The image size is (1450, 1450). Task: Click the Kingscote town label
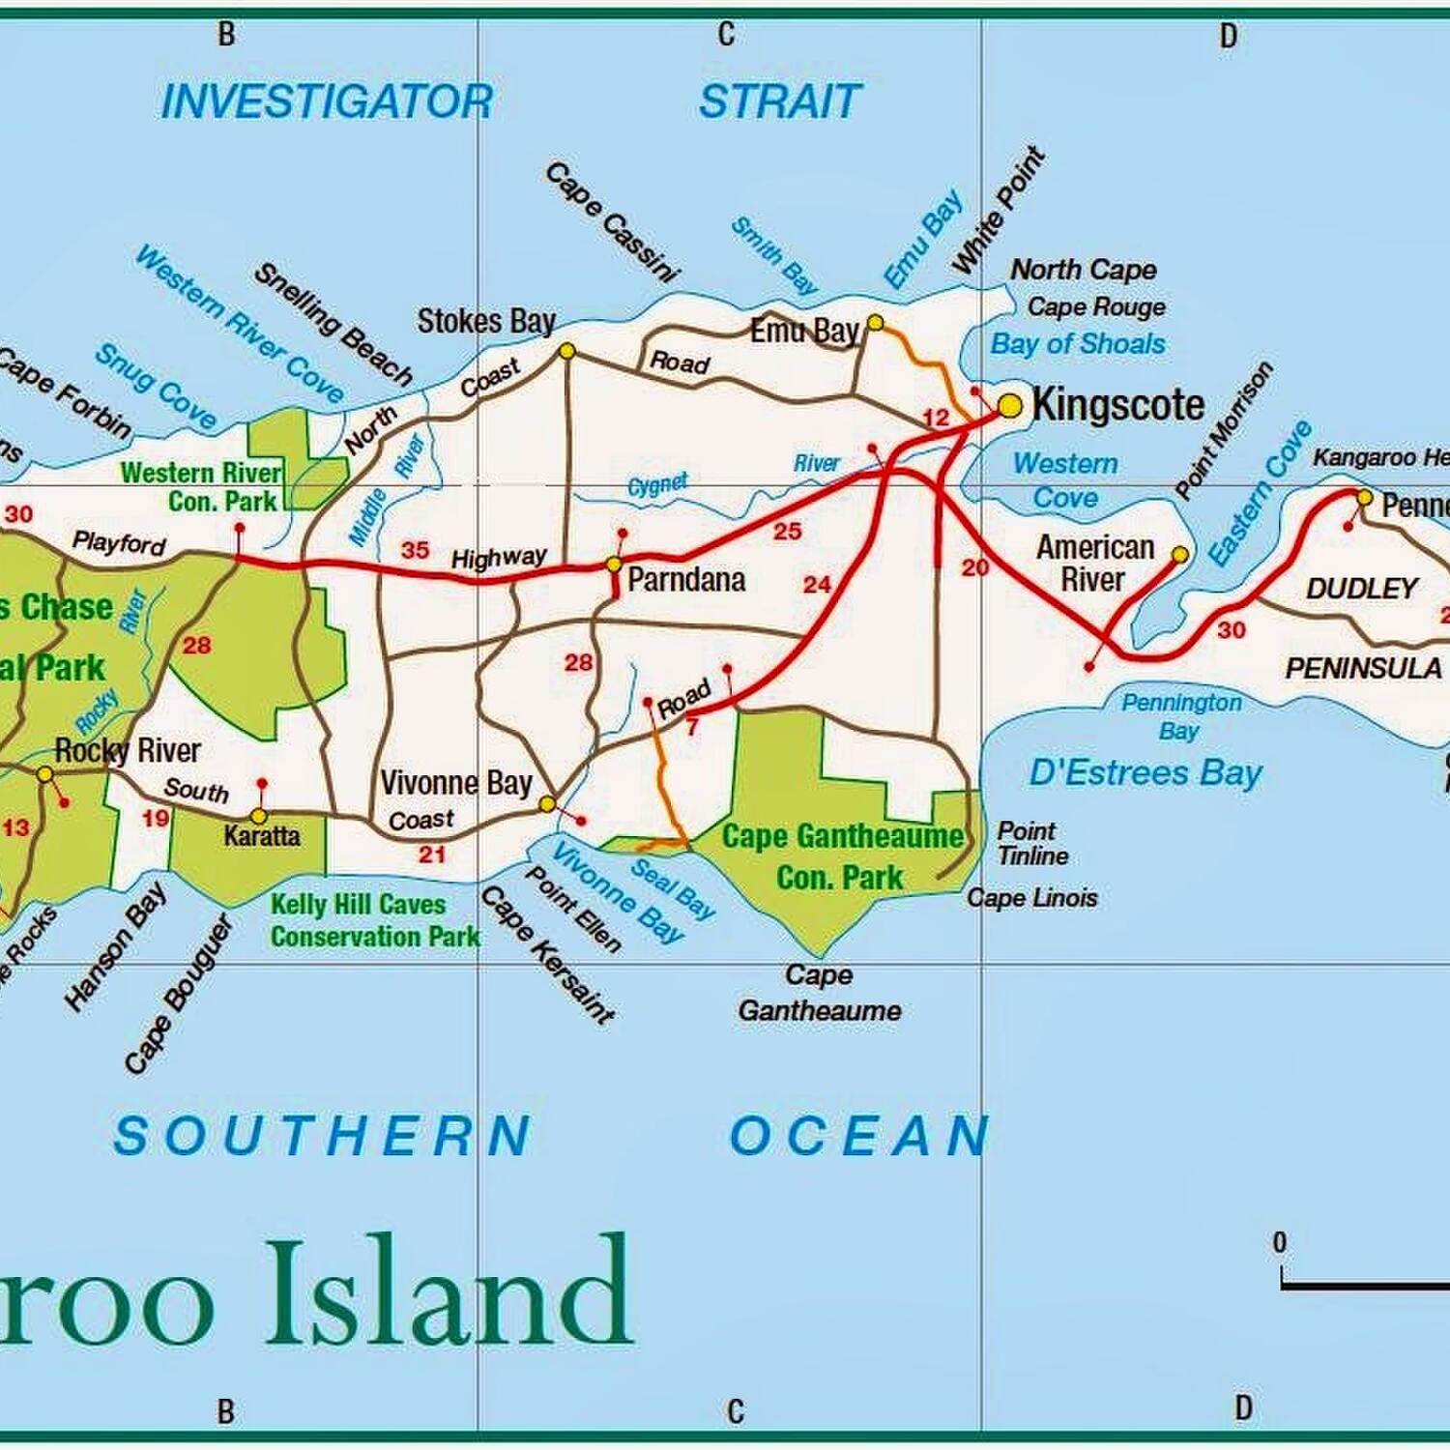point(1118,404)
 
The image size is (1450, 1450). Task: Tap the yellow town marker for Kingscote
point(1009,406)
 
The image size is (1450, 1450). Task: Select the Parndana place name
point(686,580)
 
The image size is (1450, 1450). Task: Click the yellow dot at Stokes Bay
point(567,351)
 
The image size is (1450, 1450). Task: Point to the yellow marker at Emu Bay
point(875,322)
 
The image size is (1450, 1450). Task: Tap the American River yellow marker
point(1180,554)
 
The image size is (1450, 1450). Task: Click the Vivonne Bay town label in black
point(455,782)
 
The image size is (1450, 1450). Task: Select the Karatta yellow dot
point(259,816)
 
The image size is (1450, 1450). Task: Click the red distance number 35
point(415,550)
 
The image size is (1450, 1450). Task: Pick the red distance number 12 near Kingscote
point(936,418)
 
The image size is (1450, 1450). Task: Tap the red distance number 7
point(692,727)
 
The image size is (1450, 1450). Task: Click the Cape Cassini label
point(611,223)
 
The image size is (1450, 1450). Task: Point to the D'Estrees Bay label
point(1145,772)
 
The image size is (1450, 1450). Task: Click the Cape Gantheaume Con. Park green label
point(842,856)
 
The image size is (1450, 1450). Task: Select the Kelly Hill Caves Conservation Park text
point(374,920)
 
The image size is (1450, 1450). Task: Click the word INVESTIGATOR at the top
point(327,101)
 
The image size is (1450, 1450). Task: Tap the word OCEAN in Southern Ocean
point(858,1135)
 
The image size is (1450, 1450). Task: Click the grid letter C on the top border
point(726,35)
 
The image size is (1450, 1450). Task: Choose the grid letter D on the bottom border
point(1243,1408)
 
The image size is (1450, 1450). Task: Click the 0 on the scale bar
point(1280,1242)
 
